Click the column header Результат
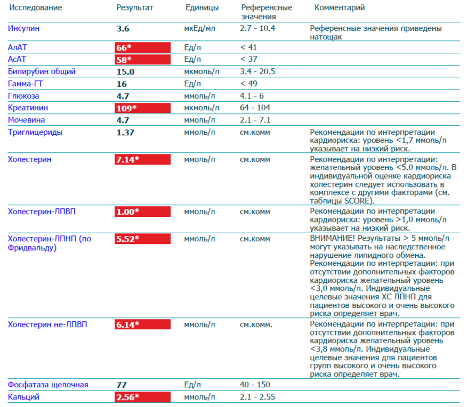point(134,8)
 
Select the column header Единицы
point(201,8)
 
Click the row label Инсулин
point(23,28)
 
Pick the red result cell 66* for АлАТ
point(142,47)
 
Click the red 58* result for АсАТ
point(142,59)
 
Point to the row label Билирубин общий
point(42,71)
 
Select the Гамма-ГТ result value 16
point(122,84)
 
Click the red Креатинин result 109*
point(142,108)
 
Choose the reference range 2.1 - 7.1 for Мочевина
point(256,120)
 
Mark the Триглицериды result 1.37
point(125,132)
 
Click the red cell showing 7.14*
point(142,159)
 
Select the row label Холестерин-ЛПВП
point(42,211)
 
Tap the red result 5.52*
point(142,239)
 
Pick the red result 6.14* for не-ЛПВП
point(142,324)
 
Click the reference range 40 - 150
point(256,385)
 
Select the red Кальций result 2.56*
point(142,397)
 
